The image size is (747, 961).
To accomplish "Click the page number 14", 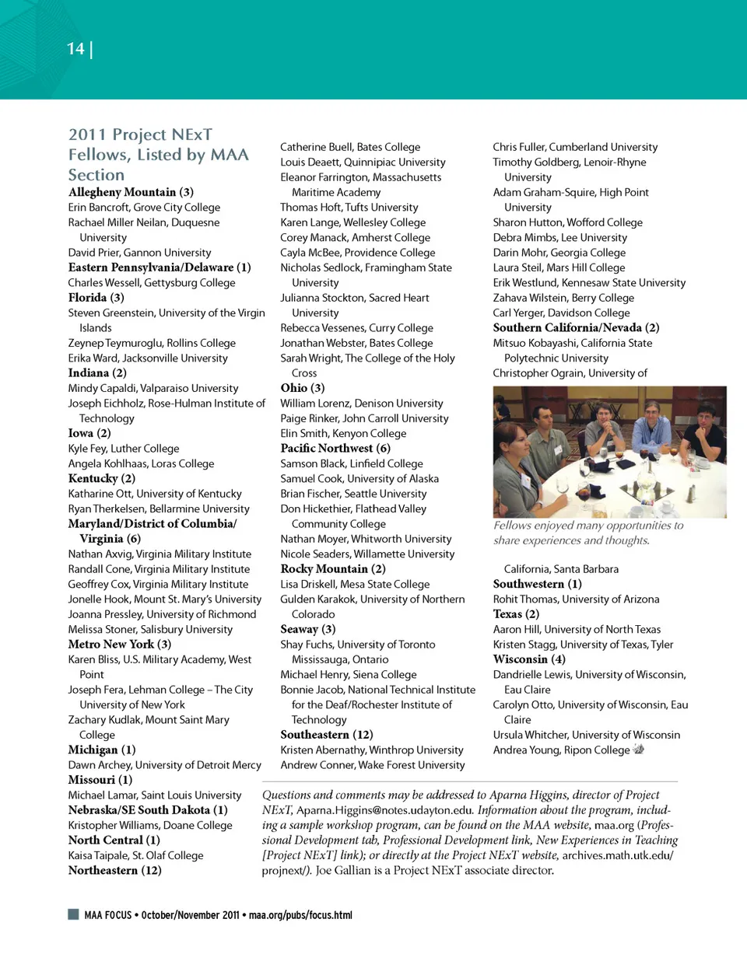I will click(x=75, y=49).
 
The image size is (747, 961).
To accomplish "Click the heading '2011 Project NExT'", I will click(x=140, y=135).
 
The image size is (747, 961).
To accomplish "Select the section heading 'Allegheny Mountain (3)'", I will click(x=131, y=192).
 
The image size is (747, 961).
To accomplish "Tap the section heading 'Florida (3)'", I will click(x=96, y=298).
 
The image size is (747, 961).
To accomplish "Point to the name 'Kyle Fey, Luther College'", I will click(x=124, y=449).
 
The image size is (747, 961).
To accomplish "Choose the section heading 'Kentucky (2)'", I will click(x=101, y=479).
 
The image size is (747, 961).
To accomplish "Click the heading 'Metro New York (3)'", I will click(x=119, y=645).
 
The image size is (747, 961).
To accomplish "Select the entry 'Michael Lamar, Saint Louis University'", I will click(x=155, y=795).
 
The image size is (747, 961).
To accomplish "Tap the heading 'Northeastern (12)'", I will click(x=114, y=871).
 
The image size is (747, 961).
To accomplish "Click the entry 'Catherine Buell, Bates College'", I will click(x=350, y=147).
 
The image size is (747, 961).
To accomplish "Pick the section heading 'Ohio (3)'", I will click(x=303, y=388).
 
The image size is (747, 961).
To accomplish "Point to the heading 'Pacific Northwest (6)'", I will click(x=335, y=449).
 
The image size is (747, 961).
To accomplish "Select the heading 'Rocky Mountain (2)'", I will click(x=333, y=569).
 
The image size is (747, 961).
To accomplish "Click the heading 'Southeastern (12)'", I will click(x=327, y=735).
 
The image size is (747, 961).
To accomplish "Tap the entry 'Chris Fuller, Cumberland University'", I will click(x=575, y=147).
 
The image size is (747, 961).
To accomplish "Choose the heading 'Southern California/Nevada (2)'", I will click(x=576, y=328).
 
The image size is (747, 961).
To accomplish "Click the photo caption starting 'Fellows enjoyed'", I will click(x=588, y=533).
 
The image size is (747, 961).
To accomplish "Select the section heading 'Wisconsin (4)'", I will click(x=529, y=659).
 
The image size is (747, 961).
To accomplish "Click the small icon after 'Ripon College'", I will click(x=639, y=750).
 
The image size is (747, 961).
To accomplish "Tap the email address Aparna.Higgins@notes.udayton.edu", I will click(x=384, y=810).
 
